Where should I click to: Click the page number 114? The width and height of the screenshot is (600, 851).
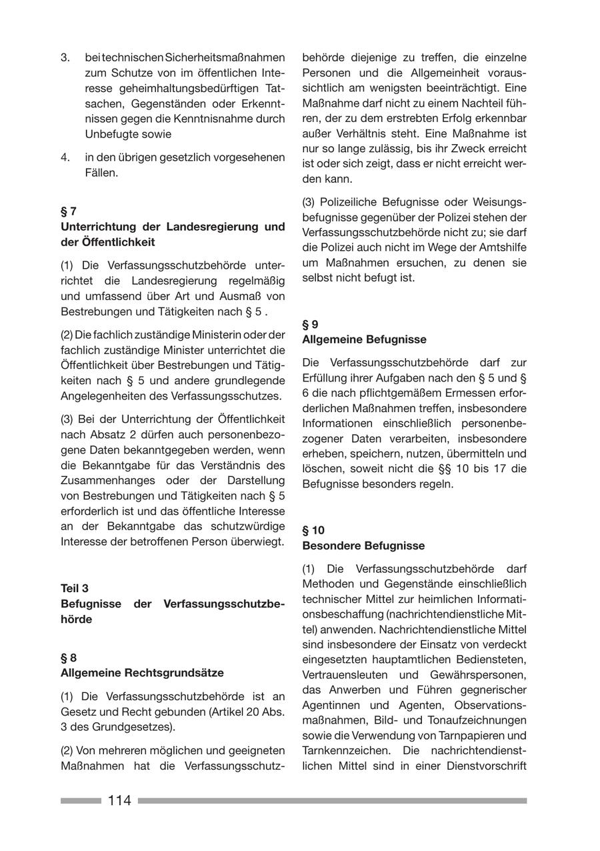click(119, 800)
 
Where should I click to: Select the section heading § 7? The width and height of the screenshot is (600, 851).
click(69, 211)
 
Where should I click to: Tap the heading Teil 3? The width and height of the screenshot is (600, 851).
click(75, 588)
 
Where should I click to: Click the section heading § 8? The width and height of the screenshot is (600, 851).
click(69, 658)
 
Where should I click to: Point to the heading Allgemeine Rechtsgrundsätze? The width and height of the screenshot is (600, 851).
click(142, 672)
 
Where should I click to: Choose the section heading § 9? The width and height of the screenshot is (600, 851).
click(310, 325)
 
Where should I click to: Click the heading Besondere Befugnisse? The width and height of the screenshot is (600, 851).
click(363, 546)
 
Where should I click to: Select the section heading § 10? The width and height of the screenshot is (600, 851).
click(313, 530)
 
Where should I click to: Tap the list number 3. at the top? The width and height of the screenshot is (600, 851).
click(65, 58)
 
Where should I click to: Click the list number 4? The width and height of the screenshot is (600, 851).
click(65, 157)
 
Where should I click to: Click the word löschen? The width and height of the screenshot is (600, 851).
click(323, 469)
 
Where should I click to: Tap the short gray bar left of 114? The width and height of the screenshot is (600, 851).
click(81, 800)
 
